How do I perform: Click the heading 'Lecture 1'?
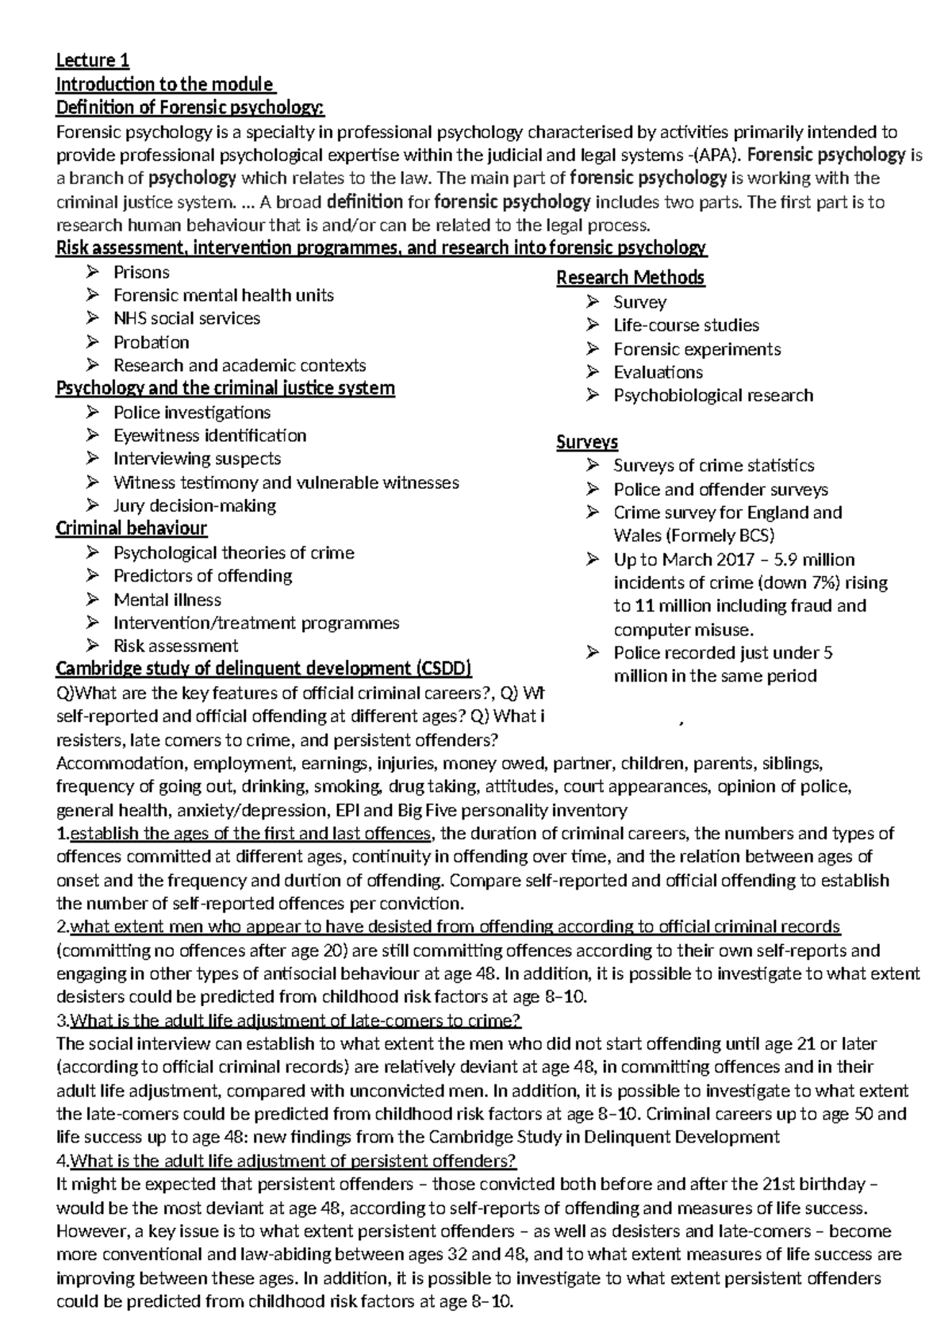click(92, 60)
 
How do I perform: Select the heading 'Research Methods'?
click(630, 278)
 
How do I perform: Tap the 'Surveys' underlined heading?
click(587, 442)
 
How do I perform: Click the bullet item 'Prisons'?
click(141, 272)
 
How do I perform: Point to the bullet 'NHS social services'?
click(186, 318)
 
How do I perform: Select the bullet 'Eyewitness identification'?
click(209, 436)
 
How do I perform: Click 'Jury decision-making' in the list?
click(194, 505)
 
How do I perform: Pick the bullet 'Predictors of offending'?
click(202, 575)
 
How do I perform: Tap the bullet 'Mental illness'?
click(167, 600)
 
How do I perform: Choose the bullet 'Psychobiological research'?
click(713, 395)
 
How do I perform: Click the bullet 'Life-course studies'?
click(685, 325)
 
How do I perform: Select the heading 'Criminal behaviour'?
click(131, 528)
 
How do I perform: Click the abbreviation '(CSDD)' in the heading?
click(444, 668)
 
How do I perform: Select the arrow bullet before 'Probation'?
click(93, 342)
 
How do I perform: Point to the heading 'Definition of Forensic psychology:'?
click(190, 107)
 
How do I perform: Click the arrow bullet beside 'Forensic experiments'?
click(593, 349)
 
